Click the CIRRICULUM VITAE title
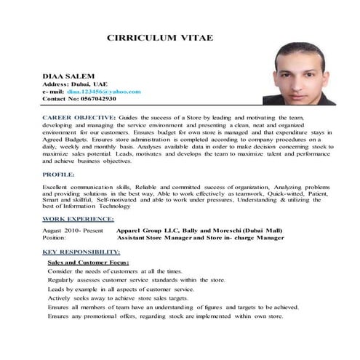point(159,37)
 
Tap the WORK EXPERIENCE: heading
point(77,218)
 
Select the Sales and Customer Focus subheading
point(88,261)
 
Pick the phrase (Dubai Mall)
point(261,230)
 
